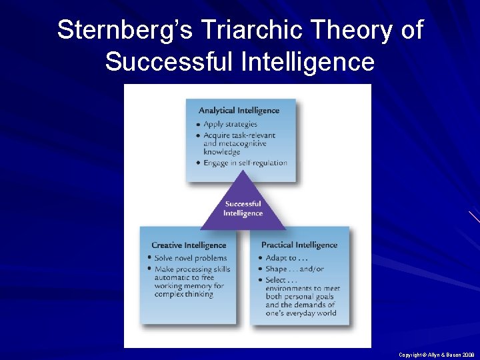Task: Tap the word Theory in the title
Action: [321, 31]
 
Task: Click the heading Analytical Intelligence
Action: [239, 111]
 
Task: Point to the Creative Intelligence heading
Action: [189, 245]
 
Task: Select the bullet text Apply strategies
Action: [230, 125]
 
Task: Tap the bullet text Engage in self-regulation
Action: [245, 163]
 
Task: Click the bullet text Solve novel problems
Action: [191, 258]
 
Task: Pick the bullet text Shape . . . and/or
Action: [295, 269]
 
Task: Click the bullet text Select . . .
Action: [277, 280]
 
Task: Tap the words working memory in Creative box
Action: [185, 286]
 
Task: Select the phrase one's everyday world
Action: [301, 313]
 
